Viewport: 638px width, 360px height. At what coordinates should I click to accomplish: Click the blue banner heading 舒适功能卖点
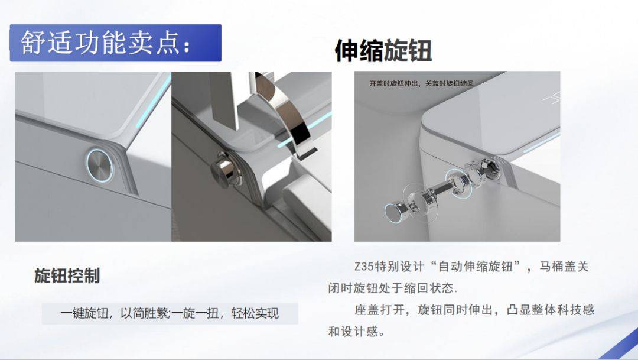(116, 43)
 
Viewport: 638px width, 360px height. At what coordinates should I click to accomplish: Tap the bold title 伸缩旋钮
(383, 51)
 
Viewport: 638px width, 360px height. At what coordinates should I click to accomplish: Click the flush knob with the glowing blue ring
(100, 165)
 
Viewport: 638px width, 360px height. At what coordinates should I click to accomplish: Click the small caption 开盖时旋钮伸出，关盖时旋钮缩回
(422, 83)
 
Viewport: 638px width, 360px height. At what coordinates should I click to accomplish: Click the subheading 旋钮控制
(67, 275)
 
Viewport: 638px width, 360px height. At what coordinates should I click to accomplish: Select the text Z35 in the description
(364, 267)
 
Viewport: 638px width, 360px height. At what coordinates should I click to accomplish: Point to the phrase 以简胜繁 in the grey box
(145, 313)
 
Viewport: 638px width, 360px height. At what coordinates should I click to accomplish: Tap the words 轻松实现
(255, 313)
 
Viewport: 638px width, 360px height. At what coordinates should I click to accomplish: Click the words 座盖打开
(380, 310)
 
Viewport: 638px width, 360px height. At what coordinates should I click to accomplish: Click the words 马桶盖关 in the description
(564, 267)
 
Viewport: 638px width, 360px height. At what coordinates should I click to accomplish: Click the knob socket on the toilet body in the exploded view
(489, 166)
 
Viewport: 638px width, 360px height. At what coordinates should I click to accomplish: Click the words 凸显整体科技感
(551, 310)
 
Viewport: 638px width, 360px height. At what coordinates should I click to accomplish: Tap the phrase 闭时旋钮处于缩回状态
(390, 288)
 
